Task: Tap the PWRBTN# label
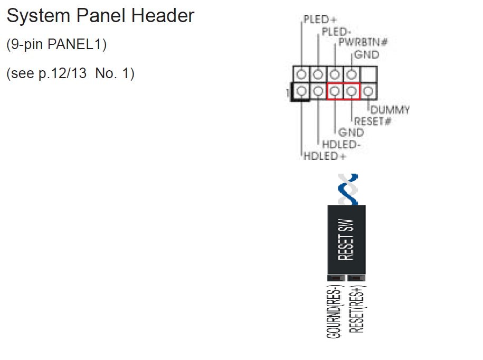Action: tap(361, 43)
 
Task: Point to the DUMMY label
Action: tap(390, 110)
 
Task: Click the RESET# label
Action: tap(372, 121)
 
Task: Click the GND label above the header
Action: tap(366, 54)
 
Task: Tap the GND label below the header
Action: tap(351, 132)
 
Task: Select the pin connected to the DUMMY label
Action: tap(368, 91)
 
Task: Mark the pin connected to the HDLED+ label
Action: tap(301, 91)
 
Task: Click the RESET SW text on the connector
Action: tap(347, 239)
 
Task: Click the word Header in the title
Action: tap(163, 16)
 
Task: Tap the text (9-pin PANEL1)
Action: tap(56, 45)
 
